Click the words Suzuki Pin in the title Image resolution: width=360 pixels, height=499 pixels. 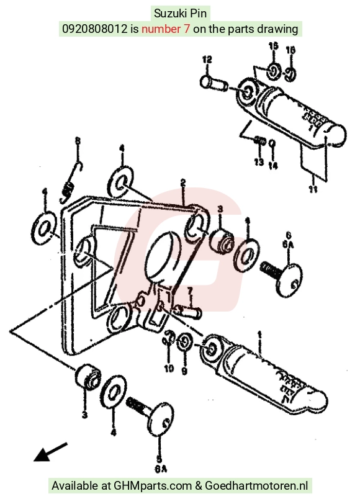click(x=180, y=14)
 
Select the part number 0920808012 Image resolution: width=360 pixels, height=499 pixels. click(x=94, y=29)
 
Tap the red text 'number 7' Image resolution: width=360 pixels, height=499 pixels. click(x=166, y=29)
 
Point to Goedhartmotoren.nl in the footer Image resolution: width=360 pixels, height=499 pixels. click(x=256, y=485)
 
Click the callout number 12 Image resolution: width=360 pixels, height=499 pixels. click(x=207, y=60)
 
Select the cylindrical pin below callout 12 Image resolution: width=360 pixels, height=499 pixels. click(x=214, y=83)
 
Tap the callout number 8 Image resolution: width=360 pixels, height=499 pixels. click(x=78, y=140)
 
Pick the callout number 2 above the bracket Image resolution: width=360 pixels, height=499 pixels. click(x=182, y=182)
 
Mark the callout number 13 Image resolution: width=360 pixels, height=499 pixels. click(x=259, y=161)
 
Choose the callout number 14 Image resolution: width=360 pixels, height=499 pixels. click(x=272, y=166)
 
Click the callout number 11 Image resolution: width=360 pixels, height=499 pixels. click(x=313, y=189)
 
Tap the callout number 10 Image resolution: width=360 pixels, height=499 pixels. click(x=169, y=369)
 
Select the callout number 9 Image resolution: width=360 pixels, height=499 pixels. click(x=184, y=371)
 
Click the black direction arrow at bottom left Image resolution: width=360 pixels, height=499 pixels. click(x=50, y=452)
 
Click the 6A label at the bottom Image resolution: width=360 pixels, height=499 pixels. click(x=161, y=469)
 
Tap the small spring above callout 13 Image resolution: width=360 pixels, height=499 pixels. click(x=260, y=140)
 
